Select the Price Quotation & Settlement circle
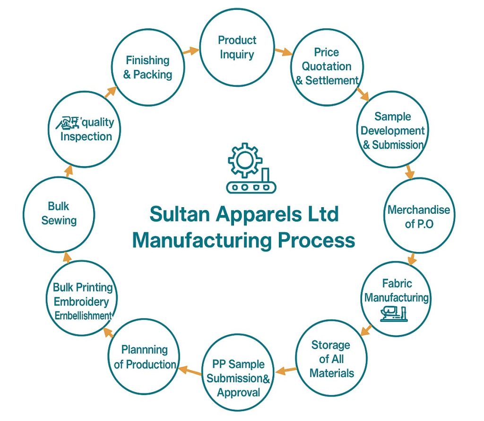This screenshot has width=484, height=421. [327, 67]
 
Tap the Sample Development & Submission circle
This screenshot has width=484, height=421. [393, 130]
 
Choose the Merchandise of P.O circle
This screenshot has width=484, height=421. [419, 216]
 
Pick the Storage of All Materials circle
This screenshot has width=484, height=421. [331, 359]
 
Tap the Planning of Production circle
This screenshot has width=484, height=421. [144, 357]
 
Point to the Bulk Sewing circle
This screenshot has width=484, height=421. [59, 214]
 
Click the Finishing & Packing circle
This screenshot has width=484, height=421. [147, 67]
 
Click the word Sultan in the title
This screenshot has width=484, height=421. [180, 215]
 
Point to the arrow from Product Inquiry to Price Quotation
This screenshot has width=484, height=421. [284, 51]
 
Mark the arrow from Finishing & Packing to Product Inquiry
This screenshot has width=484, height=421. [191, 51]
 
